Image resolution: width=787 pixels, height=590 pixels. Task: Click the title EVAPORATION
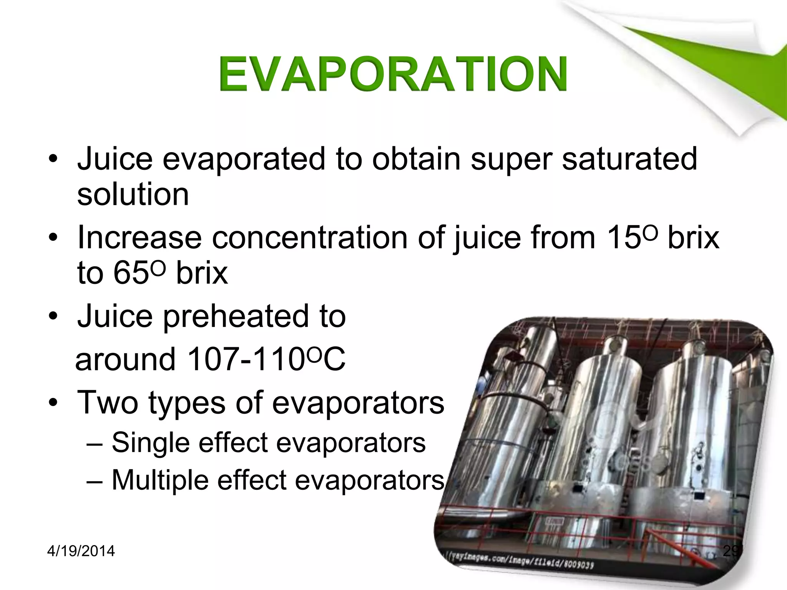point(393,74)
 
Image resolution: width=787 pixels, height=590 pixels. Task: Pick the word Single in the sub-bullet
point(150,442)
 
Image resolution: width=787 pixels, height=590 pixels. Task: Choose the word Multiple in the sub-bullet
point(160,480)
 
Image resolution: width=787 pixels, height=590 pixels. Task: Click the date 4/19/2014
point(81,551)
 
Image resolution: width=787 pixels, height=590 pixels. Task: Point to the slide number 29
point(731,551)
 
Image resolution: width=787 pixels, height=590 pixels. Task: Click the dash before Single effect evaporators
point(95,444)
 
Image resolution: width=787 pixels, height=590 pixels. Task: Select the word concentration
point(309,237)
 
